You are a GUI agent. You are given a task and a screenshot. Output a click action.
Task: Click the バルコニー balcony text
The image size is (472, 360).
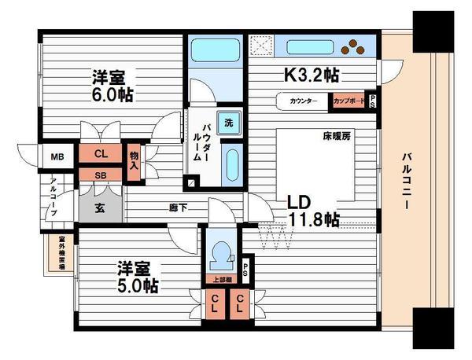tap(404, 180)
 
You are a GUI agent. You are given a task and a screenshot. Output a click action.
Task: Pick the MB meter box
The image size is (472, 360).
tap(57, 156)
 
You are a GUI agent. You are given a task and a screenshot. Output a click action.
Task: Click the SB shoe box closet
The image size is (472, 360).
tap(101, 174)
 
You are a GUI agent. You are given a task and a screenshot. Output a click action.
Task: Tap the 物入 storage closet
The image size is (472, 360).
tap(135, 161)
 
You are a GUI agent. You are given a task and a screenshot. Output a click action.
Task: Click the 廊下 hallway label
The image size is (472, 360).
tap(176, 208)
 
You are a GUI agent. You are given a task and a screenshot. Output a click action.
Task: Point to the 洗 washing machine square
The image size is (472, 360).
tap(228, 123)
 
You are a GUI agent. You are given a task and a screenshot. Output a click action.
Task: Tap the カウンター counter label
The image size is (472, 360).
tap(303, 101)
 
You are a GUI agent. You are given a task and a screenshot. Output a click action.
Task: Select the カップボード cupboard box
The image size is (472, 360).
tap(348, 101)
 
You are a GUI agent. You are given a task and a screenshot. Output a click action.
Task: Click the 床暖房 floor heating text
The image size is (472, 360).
tap(334, 137)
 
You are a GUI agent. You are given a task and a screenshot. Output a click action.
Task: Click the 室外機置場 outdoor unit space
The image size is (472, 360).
tap(60, 252)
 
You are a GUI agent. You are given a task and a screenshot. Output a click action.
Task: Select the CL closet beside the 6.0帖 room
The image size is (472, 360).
tap(101, 154)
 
